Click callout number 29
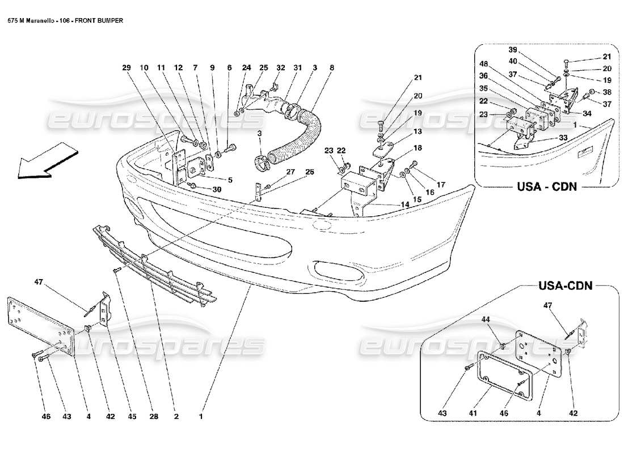(x=127, y=68)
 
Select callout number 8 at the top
(x=332, y=68)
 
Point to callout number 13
(x=418, y=131)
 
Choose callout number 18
(x=418, y=147)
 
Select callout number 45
(x=132, y=417)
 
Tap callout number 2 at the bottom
(x=176, y=417)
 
